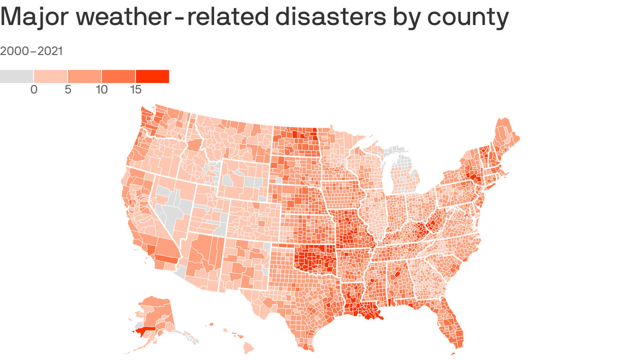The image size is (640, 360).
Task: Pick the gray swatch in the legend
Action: click(16, 76)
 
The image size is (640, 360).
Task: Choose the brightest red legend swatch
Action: click(152, 76)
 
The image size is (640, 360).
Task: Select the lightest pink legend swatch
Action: click(51, 76)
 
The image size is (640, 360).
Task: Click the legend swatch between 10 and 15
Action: click(118, 76)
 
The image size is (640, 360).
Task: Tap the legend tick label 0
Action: click(34, 90)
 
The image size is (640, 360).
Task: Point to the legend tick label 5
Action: click(68, 90)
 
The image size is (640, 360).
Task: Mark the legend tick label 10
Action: click(102, 90)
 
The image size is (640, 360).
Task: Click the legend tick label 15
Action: click(135, 90)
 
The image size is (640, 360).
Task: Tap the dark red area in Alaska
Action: click(143, 331)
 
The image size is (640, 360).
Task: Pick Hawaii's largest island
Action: click(248, 347)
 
